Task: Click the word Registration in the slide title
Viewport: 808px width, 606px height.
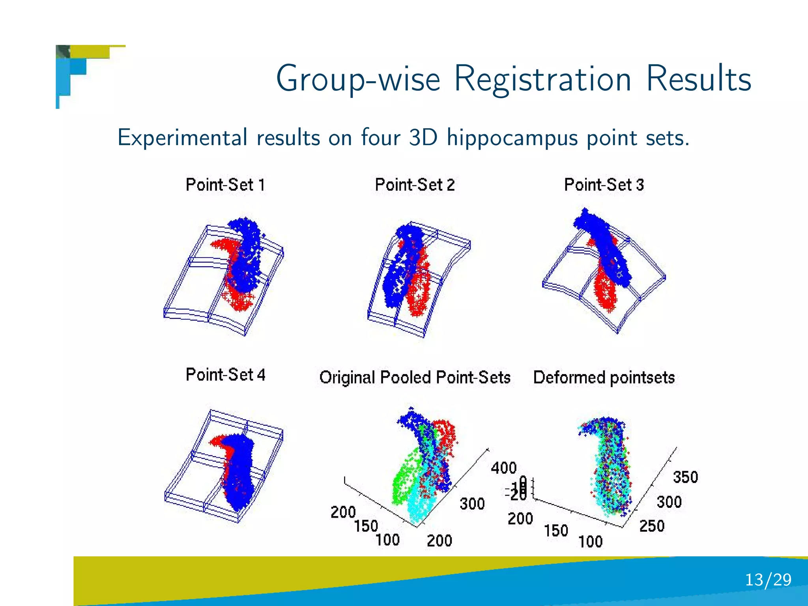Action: (543, 79)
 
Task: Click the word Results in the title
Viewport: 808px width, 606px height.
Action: (698, 79)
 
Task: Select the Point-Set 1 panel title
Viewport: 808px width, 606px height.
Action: (225, 185)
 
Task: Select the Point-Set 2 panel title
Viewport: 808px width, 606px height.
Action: (415, 185)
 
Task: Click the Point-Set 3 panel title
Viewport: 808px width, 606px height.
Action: (604, 185)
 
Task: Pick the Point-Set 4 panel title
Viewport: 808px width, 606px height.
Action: (225, 374)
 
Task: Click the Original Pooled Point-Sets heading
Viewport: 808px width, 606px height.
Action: (415, 377)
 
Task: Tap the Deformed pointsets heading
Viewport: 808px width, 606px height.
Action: (604, 377)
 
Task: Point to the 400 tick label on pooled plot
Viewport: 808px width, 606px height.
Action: (503, 468)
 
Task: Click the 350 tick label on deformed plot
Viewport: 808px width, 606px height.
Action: (685, 477)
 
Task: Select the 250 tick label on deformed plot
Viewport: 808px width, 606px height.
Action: (652, 526)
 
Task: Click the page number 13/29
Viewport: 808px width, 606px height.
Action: (768, 580)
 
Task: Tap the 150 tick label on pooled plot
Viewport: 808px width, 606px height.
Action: (366, 526)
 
